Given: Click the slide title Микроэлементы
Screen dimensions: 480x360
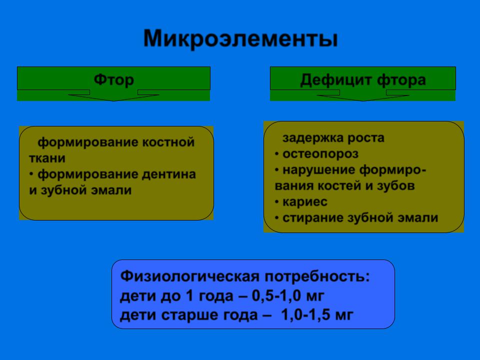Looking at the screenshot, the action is coord(240,39).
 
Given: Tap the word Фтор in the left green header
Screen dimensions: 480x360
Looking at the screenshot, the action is coord(114,80).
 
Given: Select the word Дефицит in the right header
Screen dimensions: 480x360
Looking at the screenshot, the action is coord(336,80).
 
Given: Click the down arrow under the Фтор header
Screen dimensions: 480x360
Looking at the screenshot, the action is coord(113,95).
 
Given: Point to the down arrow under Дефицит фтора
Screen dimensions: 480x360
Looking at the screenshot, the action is coord(363,95).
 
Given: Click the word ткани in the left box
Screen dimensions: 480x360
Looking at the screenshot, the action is coord(47,158).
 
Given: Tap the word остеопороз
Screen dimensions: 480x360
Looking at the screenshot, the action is coord(320,154).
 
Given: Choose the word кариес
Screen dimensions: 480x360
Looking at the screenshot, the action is coord(305,202).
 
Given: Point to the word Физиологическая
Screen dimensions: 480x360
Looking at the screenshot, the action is coord(190,276).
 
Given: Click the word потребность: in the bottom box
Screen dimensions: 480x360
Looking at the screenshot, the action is coord(317,276).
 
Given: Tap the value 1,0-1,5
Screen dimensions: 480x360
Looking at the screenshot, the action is coord(305,315).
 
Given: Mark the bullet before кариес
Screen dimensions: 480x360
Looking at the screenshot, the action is coord(276,201).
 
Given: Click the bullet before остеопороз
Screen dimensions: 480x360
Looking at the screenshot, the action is coord(276,153).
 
